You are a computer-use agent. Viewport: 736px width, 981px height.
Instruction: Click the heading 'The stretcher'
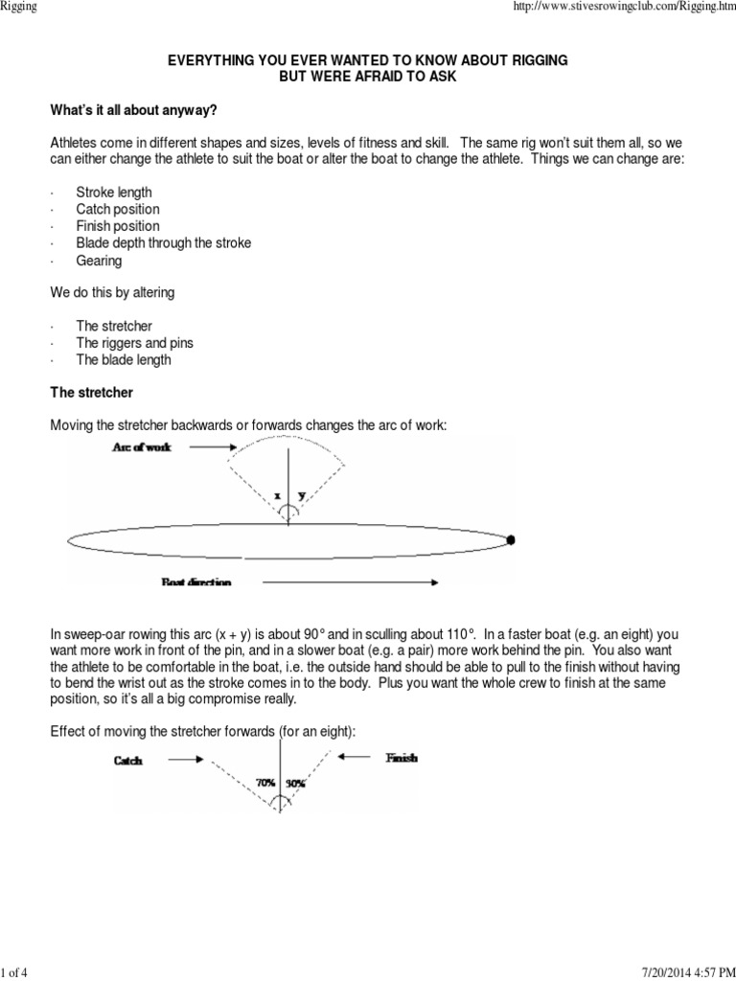(92, 393)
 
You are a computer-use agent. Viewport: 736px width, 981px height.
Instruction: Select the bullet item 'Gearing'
(101, 261)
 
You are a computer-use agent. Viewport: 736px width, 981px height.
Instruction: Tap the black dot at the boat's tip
(511, 540)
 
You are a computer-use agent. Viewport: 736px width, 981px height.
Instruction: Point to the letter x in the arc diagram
(277, 495)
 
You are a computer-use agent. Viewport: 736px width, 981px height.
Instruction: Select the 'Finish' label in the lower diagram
(401, 758)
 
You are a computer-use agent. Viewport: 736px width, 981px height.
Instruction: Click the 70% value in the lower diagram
(265, 783)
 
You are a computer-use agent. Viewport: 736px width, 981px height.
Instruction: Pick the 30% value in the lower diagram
(295, 783)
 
